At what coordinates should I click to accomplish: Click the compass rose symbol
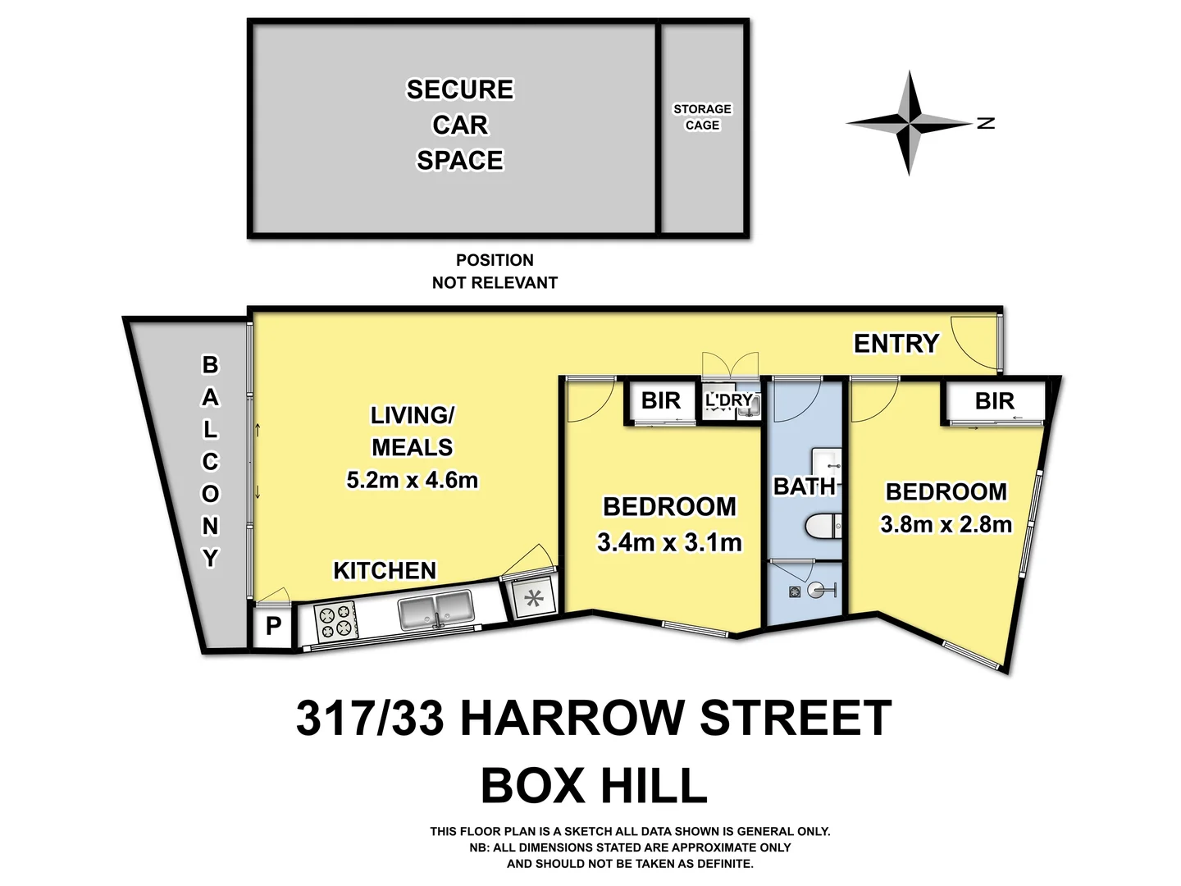pos(908,124)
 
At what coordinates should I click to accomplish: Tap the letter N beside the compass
pos(987,123)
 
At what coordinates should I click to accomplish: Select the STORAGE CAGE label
pos(702,116)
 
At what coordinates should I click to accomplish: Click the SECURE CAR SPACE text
pos(459,125)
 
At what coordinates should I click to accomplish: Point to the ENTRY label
pos(896,343)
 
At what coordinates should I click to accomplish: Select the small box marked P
pos(273,626)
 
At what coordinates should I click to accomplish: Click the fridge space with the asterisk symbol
pos(534,598)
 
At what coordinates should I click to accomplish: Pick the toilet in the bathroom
pos(822,525)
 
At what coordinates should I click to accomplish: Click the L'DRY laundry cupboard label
pos(728,400)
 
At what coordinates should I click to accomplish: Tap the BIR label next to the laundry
pos(660,400)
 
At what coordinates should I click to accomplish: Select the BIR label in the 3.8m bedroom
pos(994,401)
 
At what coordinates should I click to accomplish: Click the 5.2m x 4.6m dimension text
pos(412,480)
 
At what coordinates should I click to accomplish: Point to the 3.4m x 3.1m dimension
pos(669,542)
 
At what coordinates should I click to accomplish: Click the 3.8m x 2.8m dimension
pos(946,524)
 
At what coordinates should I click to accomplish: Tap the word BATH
pos(804,486)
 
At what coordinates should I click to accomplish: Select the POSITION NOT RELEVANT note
pos(495,271)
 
